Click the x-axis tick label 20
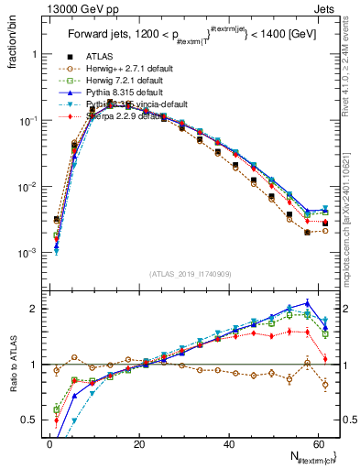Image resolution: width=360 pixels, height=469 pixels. (x=138, y=443)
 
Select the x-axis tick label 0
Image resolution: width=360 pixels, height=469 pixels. (x=49, y=443)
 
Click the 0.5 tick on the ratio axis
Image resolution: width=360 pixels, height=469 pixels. (x=30, y=420)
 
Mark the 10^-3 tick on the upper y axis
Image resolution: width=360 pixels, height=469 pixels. (x=27, y=253)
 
